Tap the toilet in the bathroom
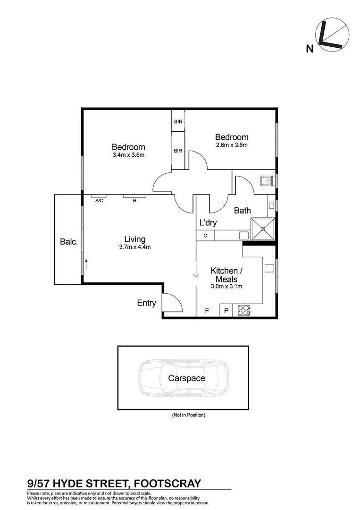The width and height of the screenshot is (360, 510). pyautogui.click(x=267, y=180)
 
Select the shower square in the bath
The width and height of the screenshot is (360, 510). pyautogui.click(x=262, y=229)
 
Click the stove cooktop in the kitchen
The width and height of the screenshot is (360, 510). pyautogui.click(x=244, y=310)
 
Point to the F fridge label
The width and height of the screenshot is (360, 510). pyautogui.click(x=206, y=310)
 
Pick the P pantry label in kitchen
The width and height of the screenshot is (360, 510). pyautogui.click(x=226, y=310)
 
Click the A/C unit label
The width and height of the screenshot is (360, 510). pyautogui.click(x=99, y=200)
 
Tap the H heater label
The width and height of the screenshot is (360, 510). pyautogui.click(x=134, y=200)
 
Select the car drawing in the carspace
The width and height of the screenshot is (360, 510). pyautogui.click(x=183, y=378)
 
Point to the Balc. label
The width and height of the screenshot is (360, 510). pyautogui.click(x=68, y=241)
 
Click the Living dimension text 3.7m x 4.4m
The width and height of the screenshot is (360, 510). pyautogui.click(x=134, y=247)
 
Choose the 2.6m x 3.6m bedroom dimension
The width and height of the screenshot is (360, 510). pyautogui.click(x=232, y=145)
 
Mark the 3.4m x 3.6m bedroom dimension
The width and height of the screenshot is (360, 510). pyautogui.click(x=128, y=154)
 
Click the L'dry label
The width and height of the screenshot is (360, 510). pyautogui.click(x=208, y=222)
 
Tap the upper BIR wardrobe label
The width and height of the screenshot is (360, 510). pyautogui.click(x=178, y=122)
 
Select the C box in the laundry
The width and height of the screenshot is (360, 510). pyautogui.click(x=205, y=235)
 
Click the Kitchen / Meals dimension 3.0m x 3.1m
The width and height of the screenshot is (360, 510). pyautogui.click(x=226, y=286)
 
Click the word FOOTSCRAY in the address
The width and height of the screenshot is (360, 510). pyautogui.click(x=168, y=483)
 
